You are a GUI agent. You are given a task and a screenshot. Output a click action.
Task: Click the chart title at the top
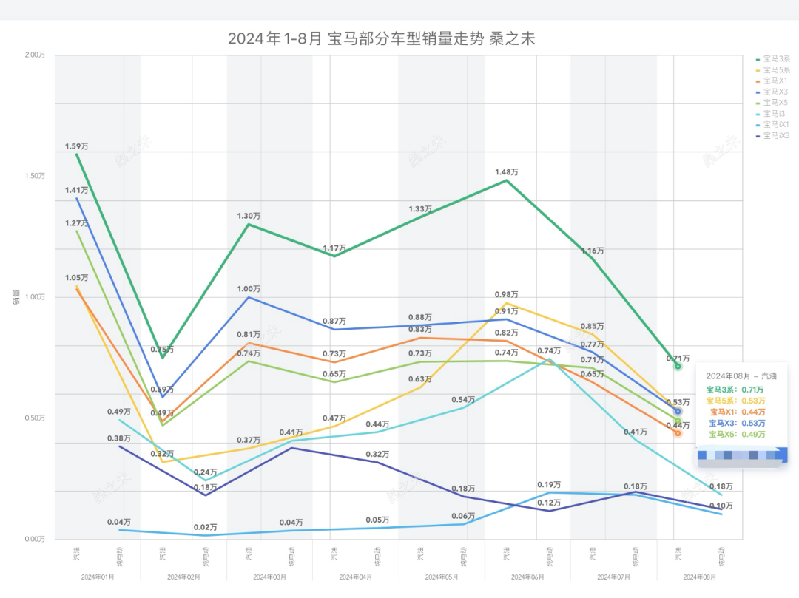381,39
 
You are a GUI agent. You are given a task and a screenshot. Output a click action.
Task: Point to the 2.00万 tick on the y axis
34,55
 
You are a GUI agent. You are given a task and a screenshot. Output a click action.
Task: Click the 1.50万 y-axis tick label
34,176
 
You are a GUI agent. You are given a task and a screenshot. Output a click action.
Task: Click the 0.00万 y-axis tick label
34,539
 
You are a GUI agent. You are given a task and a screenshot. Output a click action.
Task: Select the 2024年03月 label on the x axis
270,576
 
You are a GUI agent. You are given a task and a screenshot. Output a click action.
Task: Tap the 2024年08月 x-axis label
699,576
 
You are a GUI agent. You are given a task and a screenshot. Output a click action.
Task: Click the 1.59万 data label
76,146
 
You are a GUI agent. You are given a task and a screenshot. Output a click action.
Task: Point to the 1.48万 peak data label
507,172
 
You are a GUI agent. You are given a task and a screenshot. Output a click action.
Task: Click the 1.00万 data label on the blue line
249,288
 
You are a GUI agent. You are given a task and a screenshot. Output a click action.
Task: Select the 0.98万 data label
507,294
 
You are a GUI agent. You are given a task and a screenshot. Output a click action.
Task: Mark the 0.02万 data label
206,527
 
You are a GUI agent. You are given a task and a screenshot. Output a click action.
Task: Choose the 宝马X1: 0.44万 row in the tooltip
737,412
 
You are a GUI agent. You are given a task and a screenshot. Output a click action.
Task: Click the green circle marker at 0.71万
677,366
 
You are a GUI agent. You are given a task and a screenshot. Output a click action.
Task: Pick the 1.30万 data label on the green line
249,216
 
